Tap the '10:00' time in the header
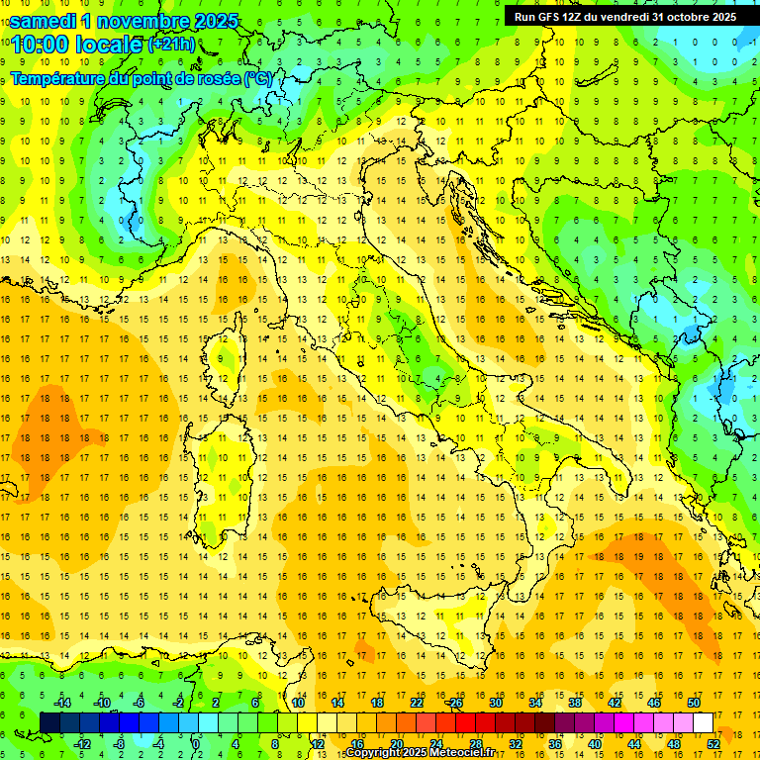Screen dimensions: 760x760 pyautogui.click(x=40, y=45)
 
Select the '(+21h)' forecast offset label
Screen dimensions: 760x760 pyautogui.click(x=172, y=45)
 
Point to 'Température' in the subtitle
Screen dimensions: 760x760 pyautogui.click(x=60, y=78)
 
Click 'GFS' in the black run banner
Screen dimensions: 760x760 pyautogui.click(x=548, y=17)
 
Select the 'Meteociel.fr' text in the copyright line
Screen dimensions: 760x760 pyautogui.click(x=454, y=753)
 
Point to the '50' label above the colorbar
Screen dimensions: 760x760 pyautogui.click(x=694, y=703)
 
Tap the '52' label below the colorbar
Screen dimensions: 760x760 pyautogui.click(x=713, y=744)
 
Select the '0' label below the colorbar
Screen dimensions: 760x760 pyautogui.click(x=197, y=744)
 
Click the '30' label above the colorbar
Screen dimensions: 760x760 pyautogui.click(x=496, y=703)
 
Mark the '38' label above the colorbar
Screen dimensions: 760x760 pyautogui.click(x=575, y=703)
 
